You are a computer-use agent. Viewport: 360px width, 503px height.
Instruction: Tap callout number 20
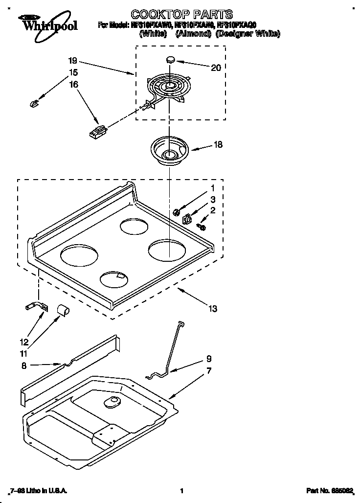pos(216,68)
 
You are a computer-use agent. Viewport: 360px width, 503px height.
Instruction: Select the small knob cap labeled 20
pos(171,59)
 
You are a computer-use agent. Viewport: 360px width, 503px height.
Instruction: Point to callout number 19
pos(72,61)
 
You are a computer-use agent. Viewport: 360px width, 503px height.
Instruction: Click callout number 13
pos(212,309)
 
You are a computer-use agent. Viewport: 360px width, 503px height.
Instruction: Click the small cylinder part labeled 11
pos(62,310)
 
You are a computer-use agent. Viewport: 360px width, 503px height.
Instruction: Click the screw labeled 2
pos(202,226)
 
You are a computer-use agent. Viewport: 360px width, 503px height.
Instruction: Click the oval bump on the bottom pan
pos(112,402)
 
